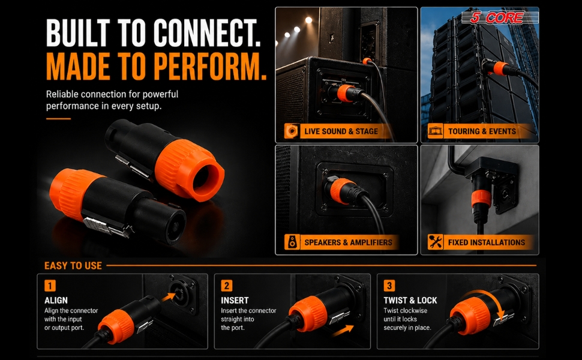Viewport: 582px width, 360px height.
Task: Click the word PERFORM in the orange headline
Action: click(x=211, y=67)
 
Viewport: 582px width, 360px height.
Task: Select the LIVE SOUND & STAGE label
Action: click(x=341, y=131)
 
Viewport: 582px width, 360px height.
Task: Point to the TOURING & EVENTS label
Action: click(x=482, y=131)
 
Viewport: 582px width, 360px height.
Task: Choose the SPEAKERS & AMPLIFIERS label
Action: click(x=348, y=242)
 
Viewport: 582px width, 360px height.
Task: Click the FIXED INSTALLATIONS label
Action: click(x=486, y=242)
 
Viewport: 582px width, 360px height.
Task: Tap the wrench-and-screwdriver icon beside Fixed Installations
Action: click(x=435, y=242)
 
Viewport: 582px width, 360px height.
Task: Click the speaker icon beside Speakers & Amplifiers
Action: click(x=292, y=242)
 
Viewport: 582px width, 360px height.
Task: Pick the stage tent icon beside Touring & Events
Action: click(x=435, y=131)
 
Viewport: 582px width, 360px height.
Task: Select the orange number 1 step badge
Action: click(x=50, y=286)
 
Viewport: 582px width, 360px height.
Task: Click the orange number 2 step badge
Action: click(x=226, y=286)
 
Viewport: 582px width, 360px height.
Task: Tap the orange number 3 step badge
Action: click(x=389, y=286)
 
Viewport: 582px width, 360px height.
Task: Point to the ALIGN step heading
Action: click(x=56, y=300)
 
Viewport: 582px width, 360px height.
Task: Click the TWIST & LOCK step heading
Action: click(x=410, y=300)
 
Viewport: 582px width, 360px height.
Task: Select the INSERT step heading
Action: click(x=235, y=300)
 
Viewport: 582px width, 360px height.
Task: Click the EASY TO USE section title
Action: click(x=73, y=266)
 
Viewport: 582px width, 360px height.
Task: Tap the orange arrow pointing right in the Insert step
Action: click(x=343, y=330)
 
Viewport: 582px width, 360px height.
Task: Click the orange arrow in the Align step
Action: click(x=168, y=296)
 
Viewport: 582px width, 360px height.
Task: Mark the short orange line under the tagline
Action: click(x=58, y=119)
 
